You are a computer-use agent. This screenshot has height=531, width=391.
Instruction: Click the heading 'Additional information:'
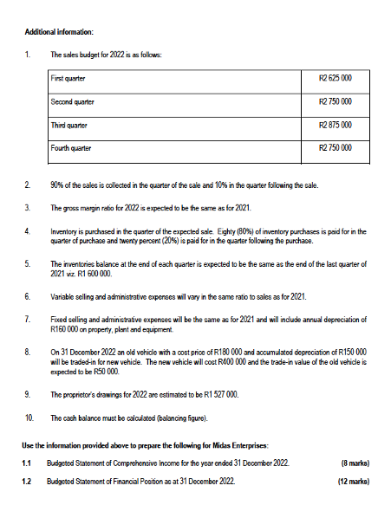click(x=57, y=32)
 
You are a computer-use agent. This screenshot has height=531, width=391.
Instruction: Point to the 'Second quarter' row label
click(x=74, y=102)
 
